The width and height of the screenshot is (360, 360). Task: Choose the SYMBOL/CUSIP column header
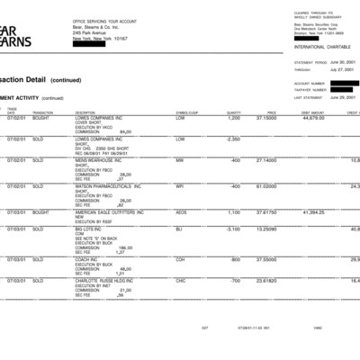click(186, 112)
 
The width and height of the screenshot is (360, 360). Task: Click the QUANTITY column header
click(233, 112)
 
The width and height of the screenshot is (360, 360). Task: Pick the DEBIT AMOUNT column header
click(313, 112)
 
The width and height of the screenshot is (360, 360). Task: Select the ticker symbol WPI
click(179, 186)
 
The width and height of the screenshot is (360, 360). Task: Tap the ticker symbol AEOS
click(181, 212)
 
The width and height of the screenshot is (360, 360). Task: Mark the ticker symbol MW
click(179, 160)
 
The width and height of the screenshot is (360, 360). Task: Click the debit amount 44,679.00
click(313, 118)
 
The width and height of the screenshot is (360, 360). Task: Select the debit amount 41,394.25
click(313, 212)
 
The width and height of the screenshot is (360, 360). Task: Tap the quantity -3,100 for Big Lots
click(233, 229)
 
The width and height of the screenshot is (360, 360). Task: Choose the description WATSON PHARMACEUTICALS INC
click(108, 186)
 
